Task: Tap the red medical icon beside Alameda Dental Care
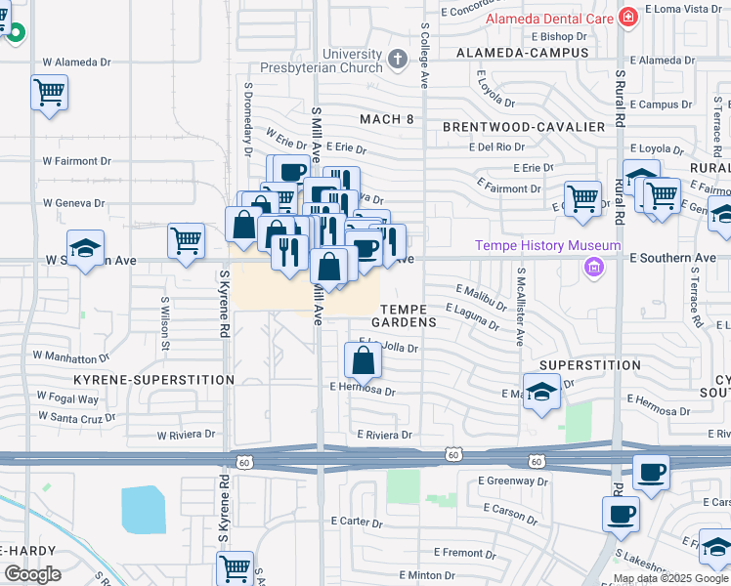coord(627,17)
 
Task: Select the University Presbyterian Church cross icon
coord(397,60)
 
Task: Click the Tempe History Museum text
coord(548,245)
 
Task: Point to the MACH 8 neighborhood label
coord(387,119)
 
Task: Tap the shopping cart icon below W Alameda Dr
coord(49,94)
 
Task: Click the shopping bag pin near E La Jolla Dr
coord(363,361)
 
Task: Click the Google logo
coord(31,574)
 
